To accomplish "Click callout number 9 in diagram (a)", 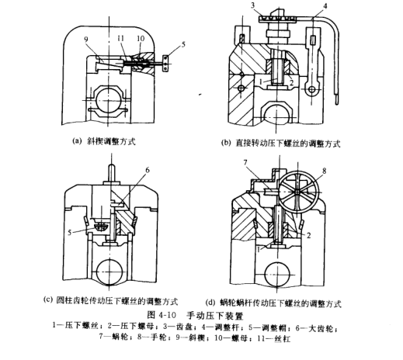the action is tap(86, 39).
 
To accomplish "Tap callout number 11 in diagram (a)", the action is tap(121, 39).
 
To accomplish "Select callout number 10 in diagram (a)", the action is tap(141, 39).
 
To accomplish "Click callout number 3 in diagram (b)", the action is tap(253, 5).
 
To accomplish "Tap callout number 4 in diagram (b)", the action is tap(325, 5).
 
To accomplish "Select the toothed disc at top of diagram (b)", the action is tap(277, 19).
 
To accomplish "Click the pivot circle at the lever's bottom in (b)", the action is tap(312, 90).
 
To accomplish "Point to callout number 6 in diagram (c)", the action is tap(148, 170).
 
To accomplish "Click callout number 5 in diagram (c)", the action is tap(69, 232).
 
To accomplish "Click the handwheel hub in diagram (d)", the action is tap(297, 192).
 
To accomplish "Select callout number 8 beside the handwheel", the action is tap(324, 171).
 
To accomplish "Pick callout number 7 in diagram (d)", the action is tap(245, 163).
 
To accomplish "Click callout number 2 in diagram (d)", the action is tap(308, 235).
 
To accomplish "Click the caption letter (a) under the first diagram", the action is tap(76, 141).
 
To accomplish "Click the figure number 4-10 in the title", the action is tap(167, 316).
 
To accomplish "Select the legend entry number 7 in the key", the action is tap(102, 337).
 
